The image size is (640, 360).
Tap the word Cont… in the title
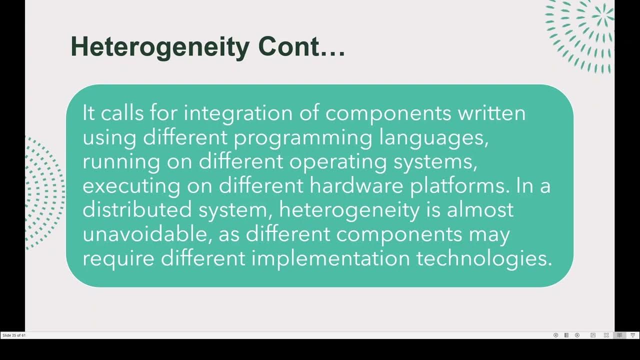pos(301,46)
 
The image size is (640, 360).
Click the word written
pos(491,113)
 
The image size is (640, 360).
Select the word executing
pos(131,186)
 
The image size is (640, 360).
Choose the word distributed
pos(137,209)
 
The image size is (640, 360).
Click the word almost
pos(480,209)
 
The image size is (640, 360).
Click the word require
pos(118,258)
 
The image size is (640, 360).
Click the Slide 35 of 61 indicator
pos(14,335)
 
